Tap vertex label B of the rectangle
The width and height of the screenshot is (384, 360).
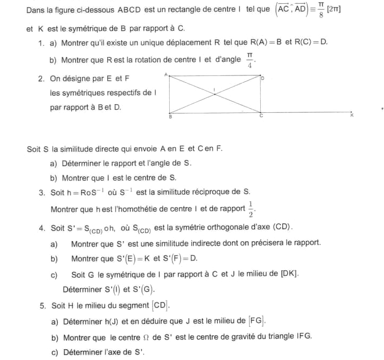pyautogui.click(x=170, y=116)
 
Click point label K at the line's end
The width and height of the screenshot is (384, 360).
pyautogui.click(x=352, y=115)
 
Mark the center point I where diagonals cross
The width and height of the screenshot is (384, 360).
pyautogui.click(x=214, y=93)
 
